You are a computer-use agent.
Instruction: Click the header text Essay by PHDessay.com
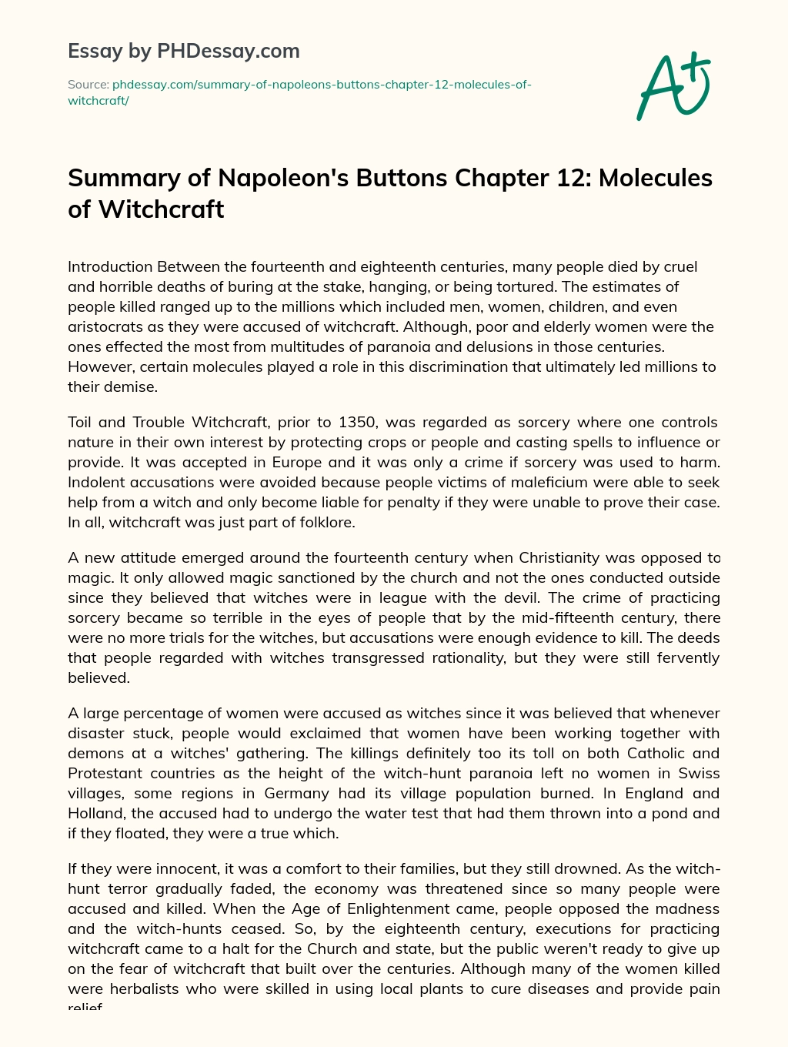coord(183,51)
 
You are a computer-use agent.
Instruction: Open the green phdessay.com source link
coord(299,92)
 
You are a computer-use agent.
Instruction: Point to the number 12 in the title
coord(569,178)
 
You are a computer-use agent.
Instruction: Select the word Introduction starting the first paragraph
coord(110,267)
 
